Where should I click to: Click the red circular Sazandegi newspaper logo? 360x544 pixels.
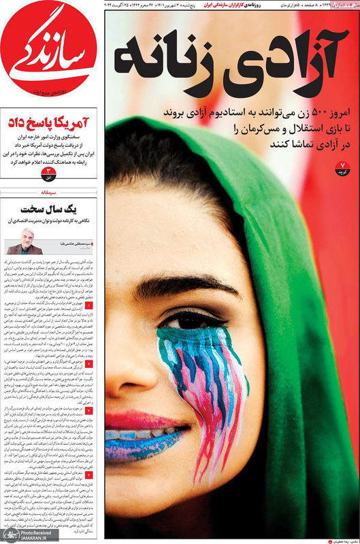point(48,51)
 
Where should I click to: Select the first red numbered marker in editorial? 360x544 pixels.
point(88,307)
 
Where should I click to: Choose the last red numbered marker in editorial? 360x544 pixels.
point(88,474)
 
